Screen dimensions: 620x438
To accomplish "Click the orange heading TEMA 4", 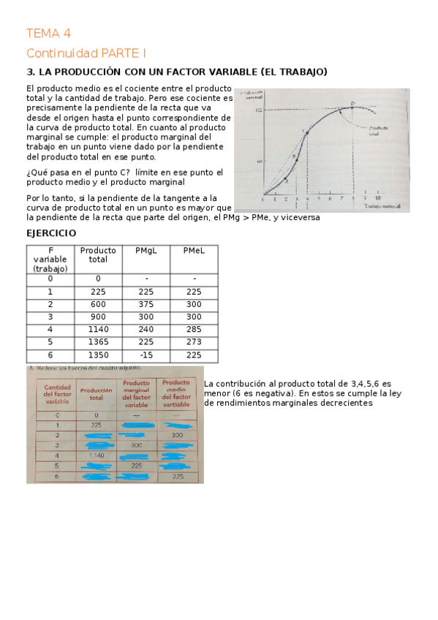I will point(48,34).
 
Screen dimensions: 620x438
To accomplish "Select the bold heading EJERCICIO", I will point(50,232).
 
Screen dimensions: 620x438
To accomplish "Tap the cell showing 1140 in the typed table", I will point(98,329).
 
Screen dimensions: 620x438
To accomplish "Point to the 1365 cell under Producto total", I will point(98,342).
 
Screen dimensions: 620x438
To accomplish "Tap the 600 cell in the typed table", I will point(98,304).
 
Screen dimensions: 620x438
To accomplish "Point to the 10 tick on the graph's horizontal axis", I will point(377,198).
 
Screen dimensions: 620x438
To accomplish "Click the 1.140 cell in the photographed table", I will point(96,455).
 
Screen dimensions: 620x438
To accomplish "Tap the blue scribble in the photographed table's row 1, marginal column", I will point(135,425).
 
